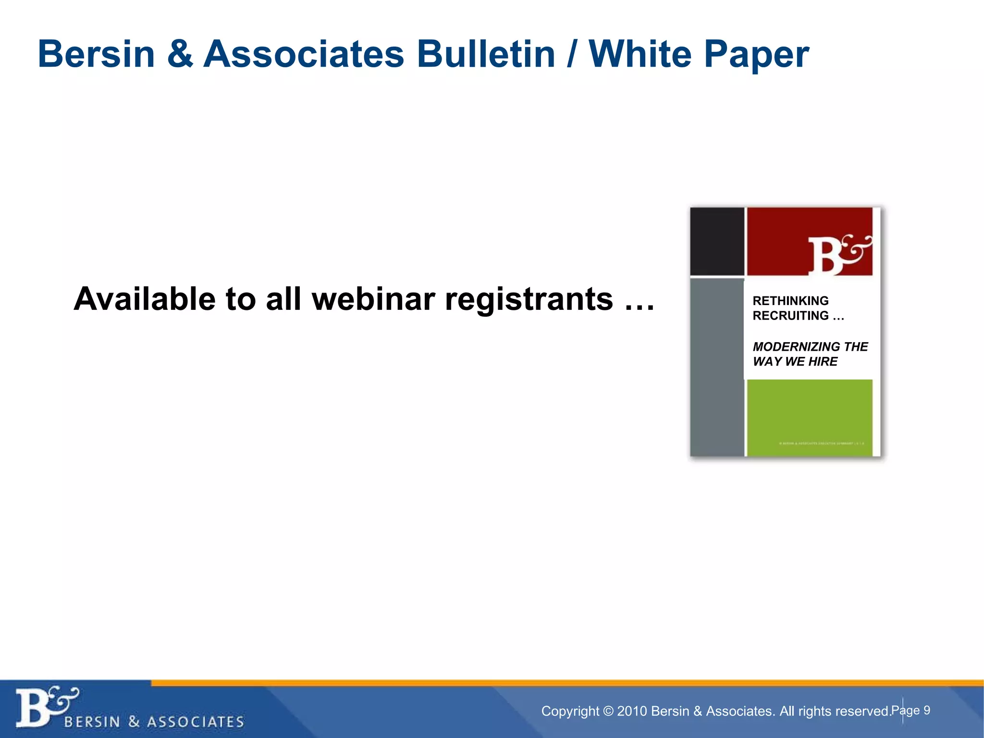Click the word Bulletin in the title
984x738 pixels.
point(486,54)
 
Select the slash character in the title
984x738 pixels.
point(572,55)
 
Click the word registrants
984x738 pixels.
point(529,300)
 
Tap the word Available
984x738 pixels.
point(145,299)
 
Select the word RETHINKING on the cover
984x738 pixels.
point(790,301)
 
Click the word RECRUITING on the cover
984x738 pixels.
point(790,316)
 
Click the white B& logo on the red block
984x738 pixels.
point(838,255)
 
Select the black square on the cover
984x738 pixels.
point(717,241)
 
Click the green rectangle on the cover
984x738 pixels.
point(810,417)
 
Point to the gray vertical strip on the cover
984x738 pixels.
point(717,368)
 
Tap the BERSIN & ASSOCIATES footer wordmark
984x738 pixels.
point(154,722)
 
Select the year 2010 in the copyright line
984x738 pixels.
point(632,711)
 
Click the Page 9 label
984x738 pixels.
point(911,710)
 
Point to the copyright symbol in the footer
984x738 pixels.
point(608,711)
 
